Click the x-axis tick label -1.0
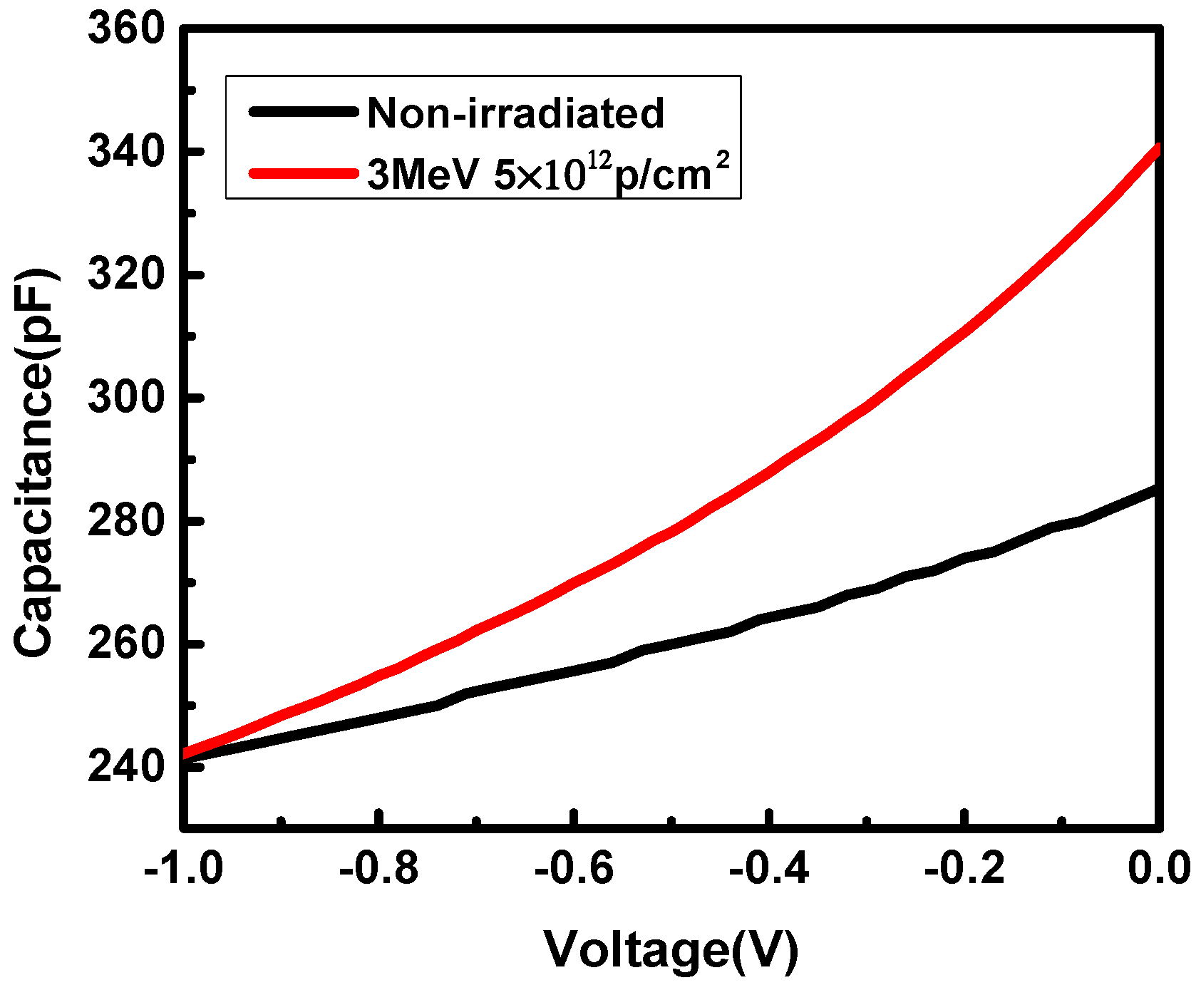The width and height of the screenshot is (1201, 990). (184, 869)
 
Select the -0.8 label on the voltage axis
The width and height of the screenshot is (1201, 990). (378, 869)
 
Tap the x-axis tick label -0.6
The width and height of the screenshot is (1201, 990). (574, 869)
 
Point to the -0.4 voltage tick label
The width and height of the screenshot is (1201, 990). (769, 869)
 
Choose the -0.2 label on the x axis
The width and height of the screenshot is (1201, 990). (964, 869)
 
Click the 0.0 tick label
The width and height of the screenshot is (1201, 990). (1160, 869)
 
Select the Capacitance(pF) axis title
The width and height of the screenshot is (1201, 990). (36, 463)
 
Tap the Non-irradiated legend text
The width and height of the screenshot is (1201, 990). (515, 113)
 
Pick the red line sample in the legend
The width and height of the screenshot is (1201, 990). (302, 172)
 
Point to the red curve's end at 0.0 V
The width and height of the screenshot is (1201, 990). (1158, 150)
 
